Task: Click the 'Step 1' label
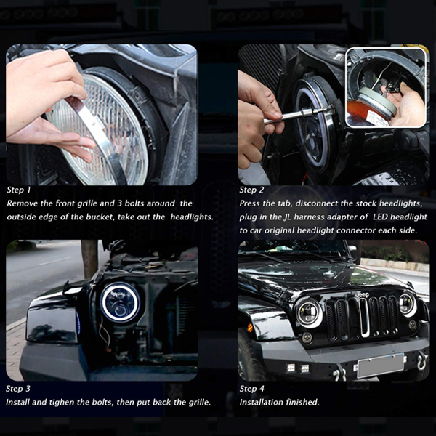(x=18, y=190)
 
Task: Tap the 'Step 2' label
(x=251, y=190)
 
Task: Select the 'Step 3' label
(x=18, y=389)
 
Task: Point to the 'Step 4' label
(x=251, y=389)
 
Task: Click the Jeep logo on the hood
(x=362, y=294)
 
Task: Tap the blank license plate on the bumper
(x=380, y=366)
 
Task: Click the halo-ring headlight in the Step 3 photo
(x=120, y=302)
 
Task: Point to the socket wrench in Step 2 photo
(x=297, y=115)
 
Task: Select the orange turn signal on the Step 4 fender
(x=250, y=328)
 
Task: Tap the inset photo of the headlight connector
(x=386, y=88)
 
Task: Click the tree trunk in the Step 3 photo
(x=89, y=259)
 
